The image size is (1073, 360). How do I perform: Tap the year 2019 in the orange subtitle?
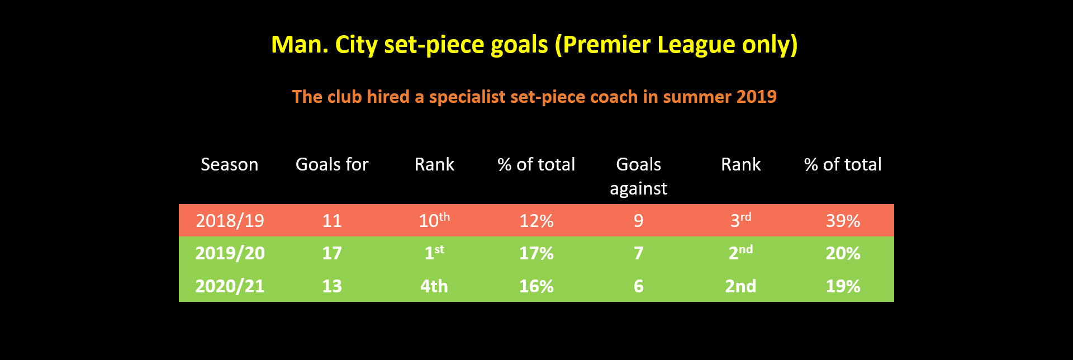pyautogui.click(x=757, y=97)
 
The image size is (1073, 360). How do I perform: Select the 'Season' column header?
pyautogui.click(x=230, y=164)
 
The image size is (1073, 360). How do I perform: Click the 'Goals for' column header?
pyautogui.click(x=332, y=164)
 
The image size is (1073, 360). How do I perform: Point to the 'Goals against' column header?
pyautogui.click(x=638, y=176)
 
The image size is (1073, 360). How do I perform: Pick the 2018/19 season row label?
pyautogui.click(x=230, y=221)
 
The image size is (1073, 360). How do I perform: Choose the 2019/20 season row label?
pyautogui.click(x=230, y=253)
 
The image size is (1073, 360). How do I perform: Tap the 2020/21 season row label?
pyautogui.click(x=230, y=286)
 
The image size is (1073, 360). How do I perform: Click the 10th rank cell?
pyautogui.click(x=434, y=220)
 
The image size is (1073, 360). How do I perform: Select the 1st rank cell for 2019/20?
pyautogui.click(x=434, y=252)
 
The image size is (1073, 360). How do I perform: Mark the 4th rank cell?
pyautogui.click(x=434, y=286)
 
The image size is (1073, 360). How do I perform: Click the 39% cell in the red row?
pyautogui.click(x=843, y=221)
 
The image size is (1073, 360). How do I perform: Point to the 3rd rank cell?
pyautogui.click(x=740, y=220)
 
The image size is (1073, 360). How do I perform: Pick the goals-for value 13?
pyautogui.click(x=332, y=286)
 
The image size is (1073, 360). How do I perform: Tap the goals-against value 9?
pyautogui.click(x=638, y=221)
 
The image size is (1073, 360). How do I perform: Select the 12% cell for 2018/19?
pyautogui.click(x=536, y=221)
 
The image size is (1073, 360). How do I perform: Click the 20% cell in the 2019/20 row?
pyautogui.click(x=843, y=253)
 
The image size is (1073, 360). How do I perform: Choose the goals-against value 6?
pyautogui.click(x=638, y=286)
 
